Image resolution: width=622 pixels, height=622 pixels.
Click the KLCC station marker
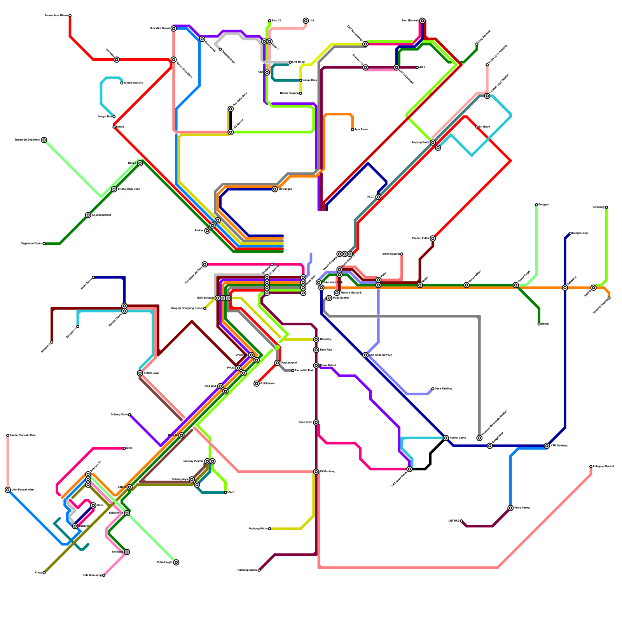378,197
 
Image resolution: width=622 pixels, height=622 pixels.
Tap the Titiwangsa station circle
275,189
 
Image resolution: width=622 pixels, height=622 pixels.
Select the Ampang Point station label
420,143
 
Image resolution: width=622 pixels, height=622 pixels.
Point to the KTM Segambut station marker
88,215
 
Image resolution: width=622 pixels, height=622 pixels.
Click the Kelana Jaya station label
151,373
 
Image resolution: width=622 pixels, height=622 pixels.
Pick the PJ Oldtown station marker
257,384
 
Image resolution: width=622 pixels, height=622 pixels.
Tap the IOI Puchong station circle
316,472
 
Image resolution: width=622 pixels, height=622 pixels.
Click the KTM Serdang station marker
547,446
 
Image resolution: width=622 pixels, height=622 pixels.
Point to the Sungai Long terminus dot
570,233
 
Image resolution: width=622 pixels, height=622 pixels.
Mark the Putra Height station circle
176,563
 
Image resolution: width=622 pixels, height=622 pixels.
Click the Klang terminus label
38,573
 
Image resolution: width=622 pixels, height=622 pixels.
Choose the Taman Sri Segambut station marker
44,140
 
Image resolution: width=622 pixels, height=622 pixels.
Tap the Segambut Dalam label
31,244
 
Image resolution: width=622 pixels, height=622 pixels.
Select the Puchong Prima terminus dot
269,529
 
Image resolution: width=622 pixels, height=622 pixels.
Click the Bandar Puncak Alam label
23,435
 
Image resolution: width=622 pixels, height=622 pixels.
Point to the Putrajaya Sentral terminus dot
591,466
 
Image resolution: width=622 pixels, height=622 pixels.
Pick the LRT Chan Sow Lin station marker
365,355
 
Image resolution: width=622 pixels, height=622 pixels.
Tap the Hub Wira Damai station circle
173,29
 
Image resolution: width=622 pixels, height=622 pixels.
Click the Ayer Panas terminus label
362,129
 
